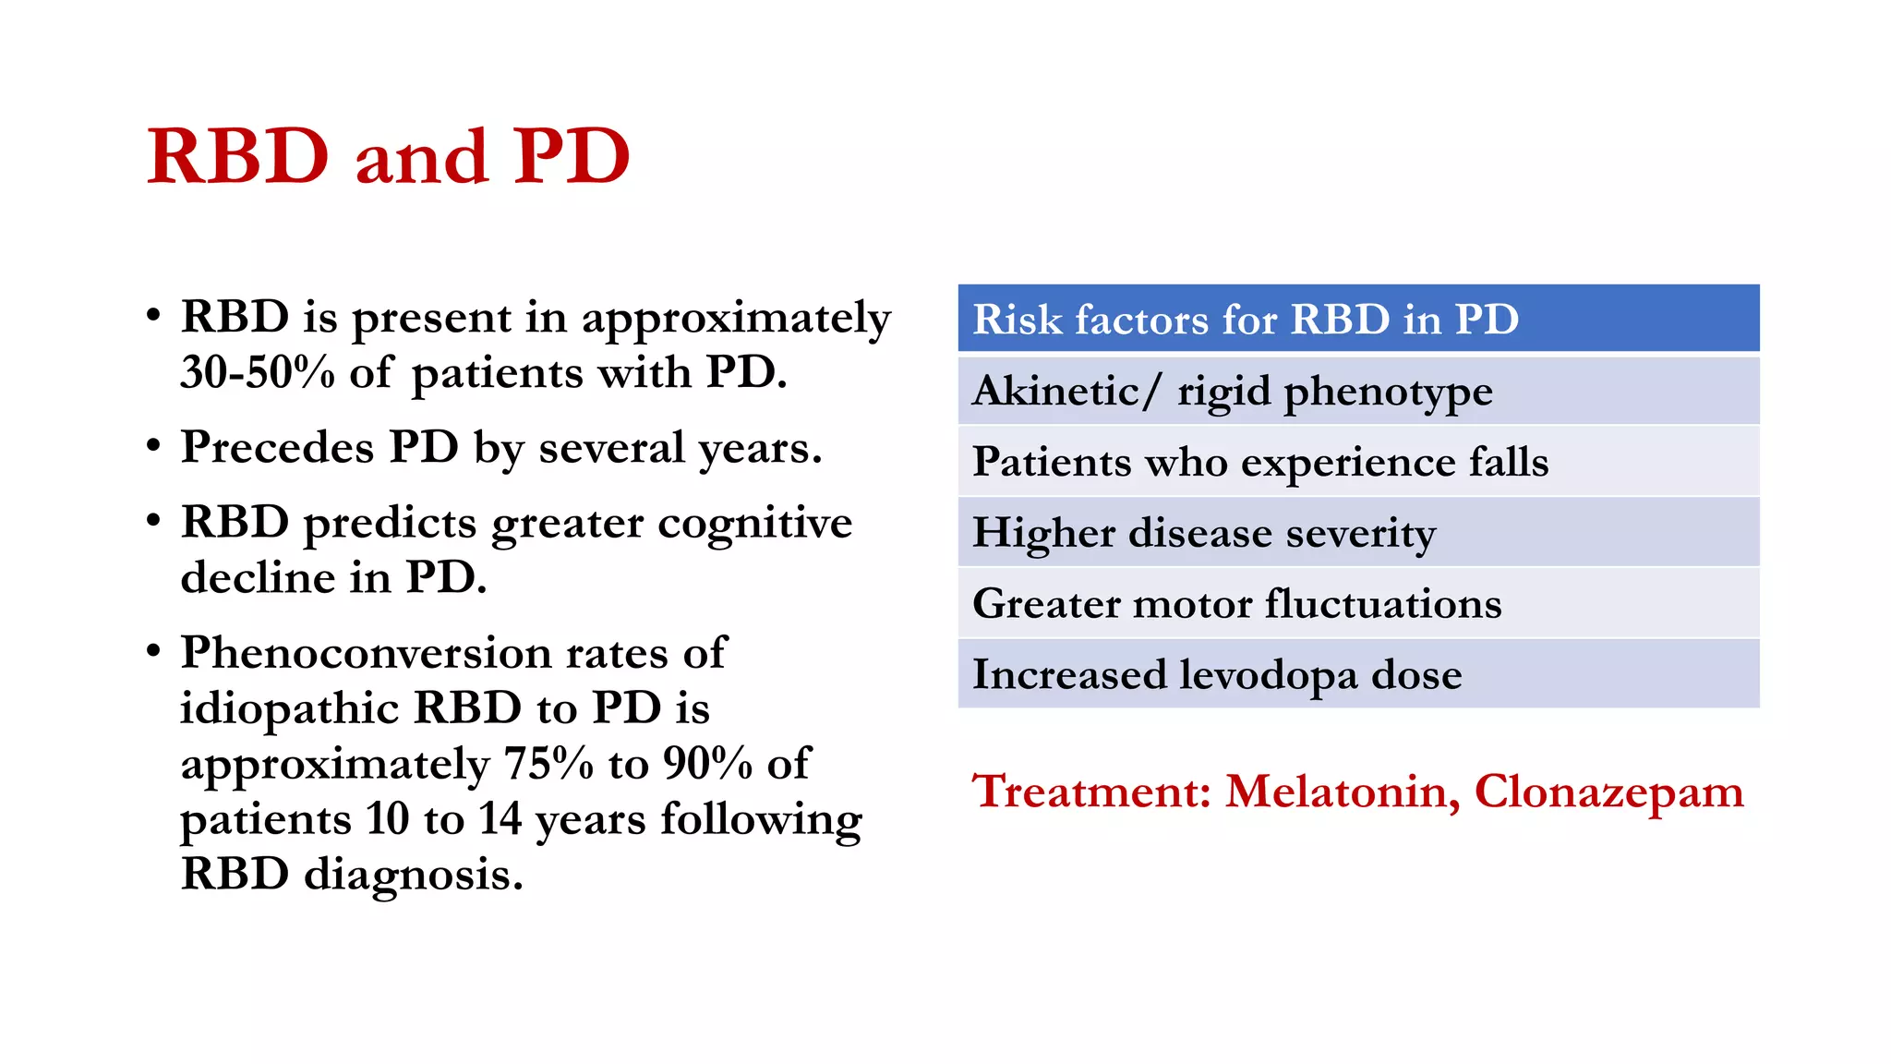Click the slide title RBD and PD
click(x=389, y=157)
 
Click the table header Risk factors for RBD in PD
click(x=1246, y=320)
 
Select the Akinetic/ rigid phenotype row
click(x=1232, y=392)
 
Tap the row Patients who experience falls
click(x=1260, y=462)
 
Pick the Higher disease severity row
click(x=1204, y=533)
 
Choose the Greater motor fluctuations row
click(x=1237, y=604)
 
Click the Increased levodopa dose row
click(x=1217, y=675)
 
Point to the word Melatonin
click(x=1343, y=792)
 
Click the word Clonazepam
click(x=1608, y=792)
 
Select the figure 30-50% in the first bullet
click(x=258, y=373)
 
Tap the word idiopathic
click(x=289, y=709)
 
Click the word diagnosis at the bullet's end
click(x=413, y=875)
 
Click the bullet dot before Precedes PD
click(x=154, y=446)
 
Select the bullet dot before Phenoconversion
click(x=154, y=651)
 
